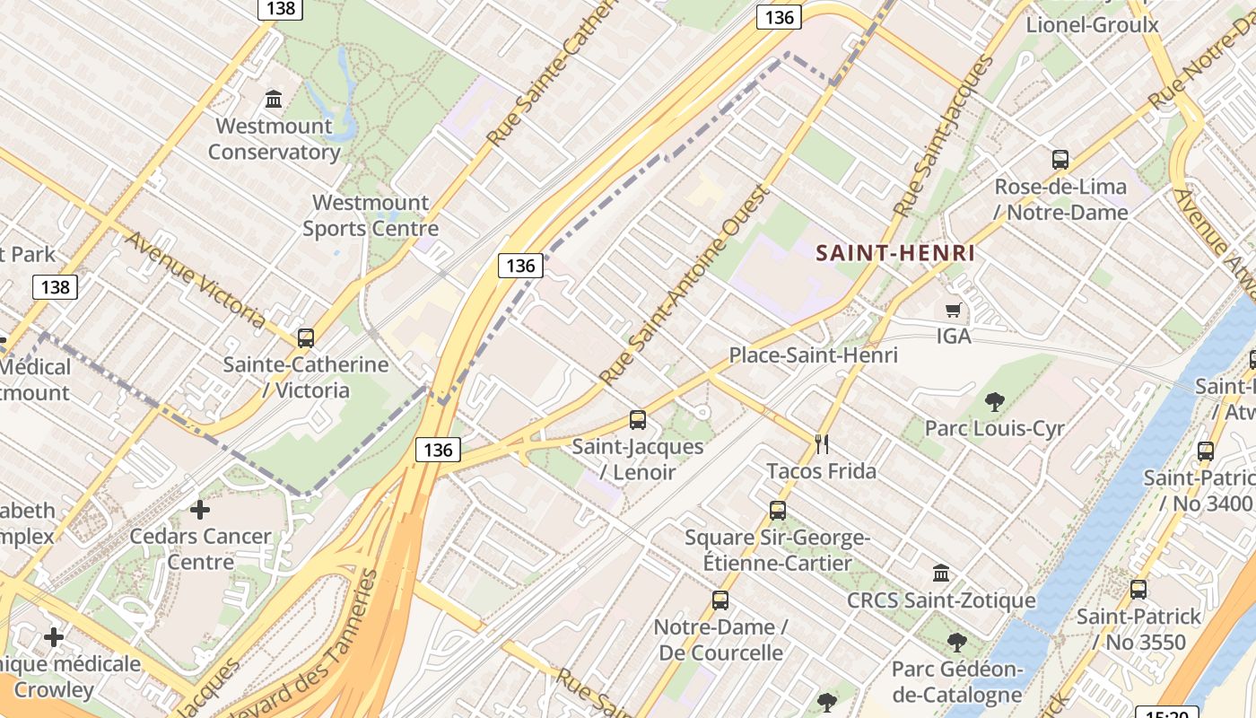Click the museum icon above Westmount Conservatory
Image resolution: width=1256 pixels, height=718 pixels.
274,97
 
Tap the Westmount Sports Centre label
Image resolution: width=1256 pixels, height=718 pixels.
371,215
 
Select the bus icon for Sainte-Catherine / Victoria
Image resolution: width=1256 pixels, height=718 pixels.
306,338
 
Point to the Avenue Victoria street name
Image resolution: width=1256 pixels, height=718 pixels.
195,279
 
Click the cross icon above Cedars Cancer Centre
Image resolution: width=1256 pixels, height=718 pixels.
200,510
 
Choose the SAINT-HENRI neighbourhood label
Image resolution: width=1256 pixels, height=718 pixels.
894,253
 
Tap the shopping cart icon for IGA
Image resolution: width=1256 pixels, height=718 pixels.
953,310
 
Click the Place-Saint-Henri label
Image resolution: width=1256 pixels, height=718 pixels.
813,355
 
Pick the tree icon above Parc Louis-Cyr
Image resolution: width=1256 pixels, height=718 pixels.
994,401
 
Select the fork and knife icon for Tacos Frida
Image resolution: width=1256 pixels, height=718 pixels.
821,442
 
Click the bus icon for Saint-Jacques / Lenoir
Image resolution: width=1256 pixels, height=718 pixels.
638,419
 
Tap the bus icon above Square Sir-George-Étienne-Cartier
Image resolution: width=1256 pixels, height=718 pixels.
778,511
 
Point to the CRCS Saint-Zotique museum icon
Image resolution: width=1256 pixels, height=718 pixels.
941,573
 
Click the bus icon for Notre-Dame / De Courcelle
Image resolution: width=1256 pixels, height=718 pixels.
720,600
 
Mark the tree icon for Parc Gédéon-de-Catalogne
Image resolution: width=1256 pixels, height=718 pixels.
957,643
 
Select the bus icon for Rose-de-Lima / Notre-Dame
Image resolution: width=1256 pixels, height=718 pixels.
1060,161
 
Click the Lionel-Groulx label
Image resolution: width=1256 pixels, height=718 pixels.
1093,24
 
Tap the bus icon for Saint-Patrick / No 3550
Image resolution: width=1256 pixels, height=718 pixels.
1138,590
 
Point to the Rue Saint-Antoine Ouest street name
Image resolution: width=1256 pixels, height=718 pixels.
685,285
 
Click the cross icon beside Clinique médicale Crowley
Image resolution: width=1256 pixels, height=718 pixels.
54,637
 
